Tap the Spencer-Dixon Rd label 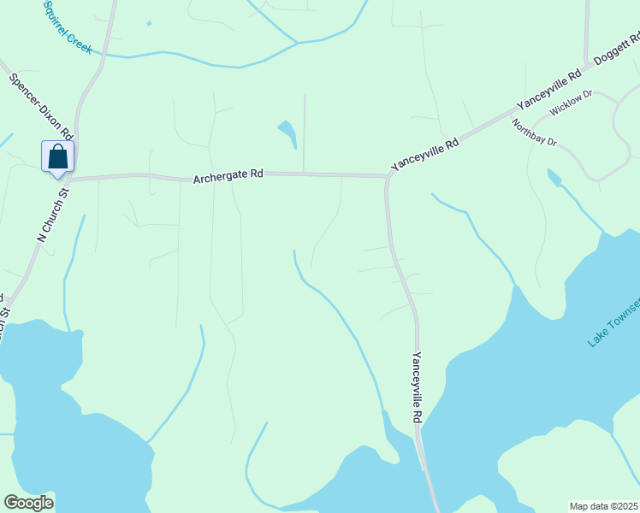click(42, 108)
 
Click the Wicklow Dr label click(572, 103)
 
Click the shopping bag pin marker click(57, 157)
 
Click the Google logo click(28, 503)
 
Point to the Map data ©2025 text click(604, 506)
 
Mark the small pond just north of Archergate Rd click(287, 133)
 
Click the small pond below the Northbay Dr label click(554, 177)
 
